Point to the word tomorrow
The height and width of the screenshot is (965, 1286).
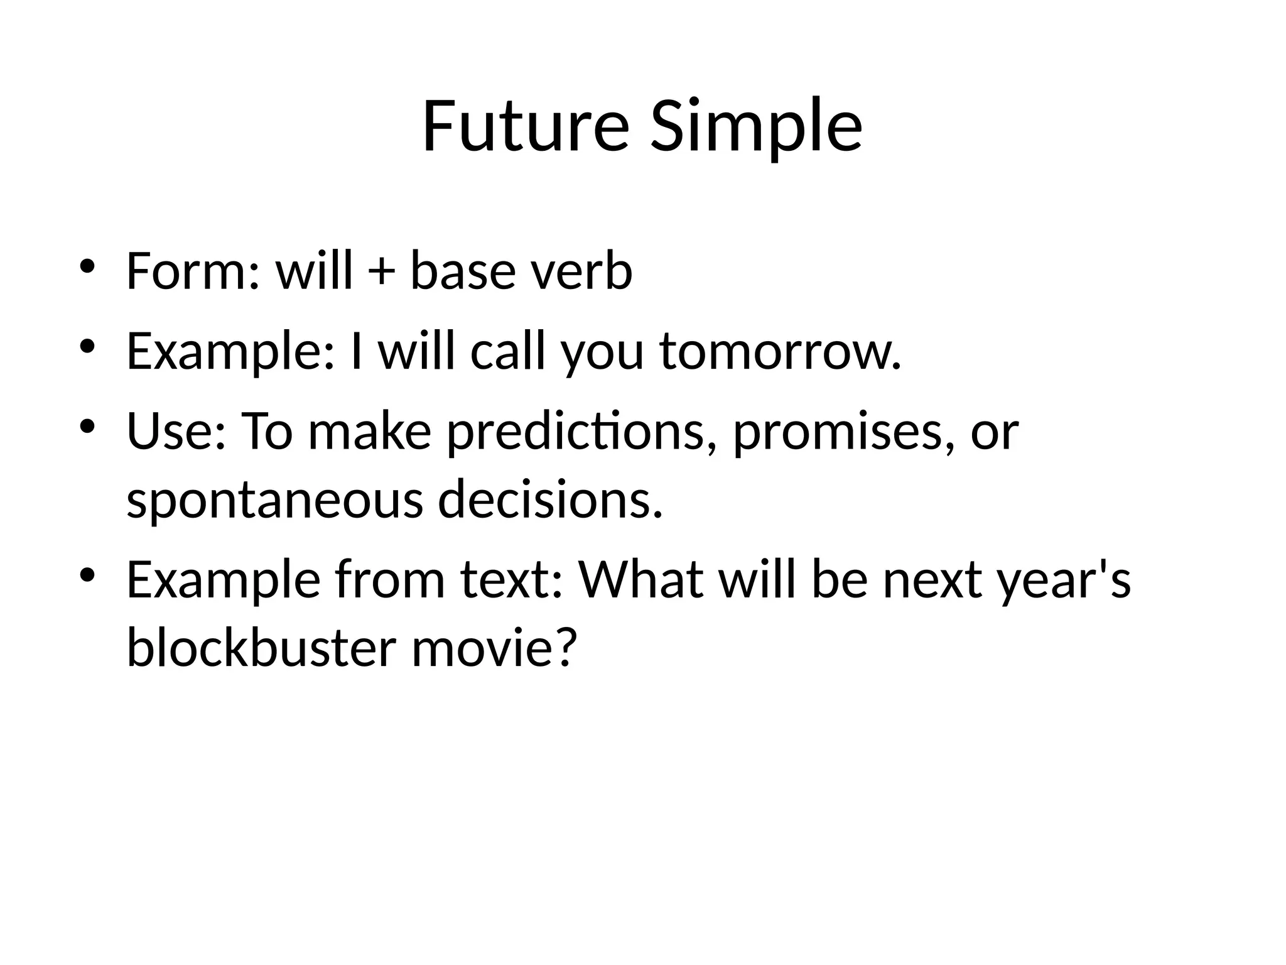(x=781, y=351)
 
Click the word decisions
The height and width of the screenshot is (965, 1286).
(x=550, y=499)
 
